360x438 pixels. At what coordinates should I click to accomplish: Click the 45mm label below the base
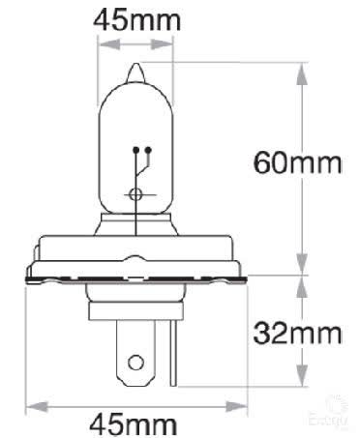click(x=135, y=423)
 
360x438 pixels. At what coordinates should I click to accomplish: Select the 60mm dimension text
click(x=297, y=162)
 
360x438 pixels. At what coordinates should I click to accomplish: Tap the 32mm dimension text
click(x=297, y=334)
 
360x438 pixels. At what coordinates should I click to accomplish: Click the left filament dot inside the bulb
click(x=133, y=151)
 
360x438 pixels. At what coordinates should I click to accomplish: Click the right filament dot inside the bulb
click(x=148, y=151)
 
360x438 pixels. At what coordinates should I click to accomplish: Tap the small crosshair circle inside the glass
click(x=135, y=193)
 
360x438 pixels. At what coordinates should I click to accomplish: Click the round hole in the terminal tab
click(x=135, y=365)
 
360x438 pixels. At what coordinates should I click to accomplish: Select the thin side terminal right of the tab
click(x=171, y=353)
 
